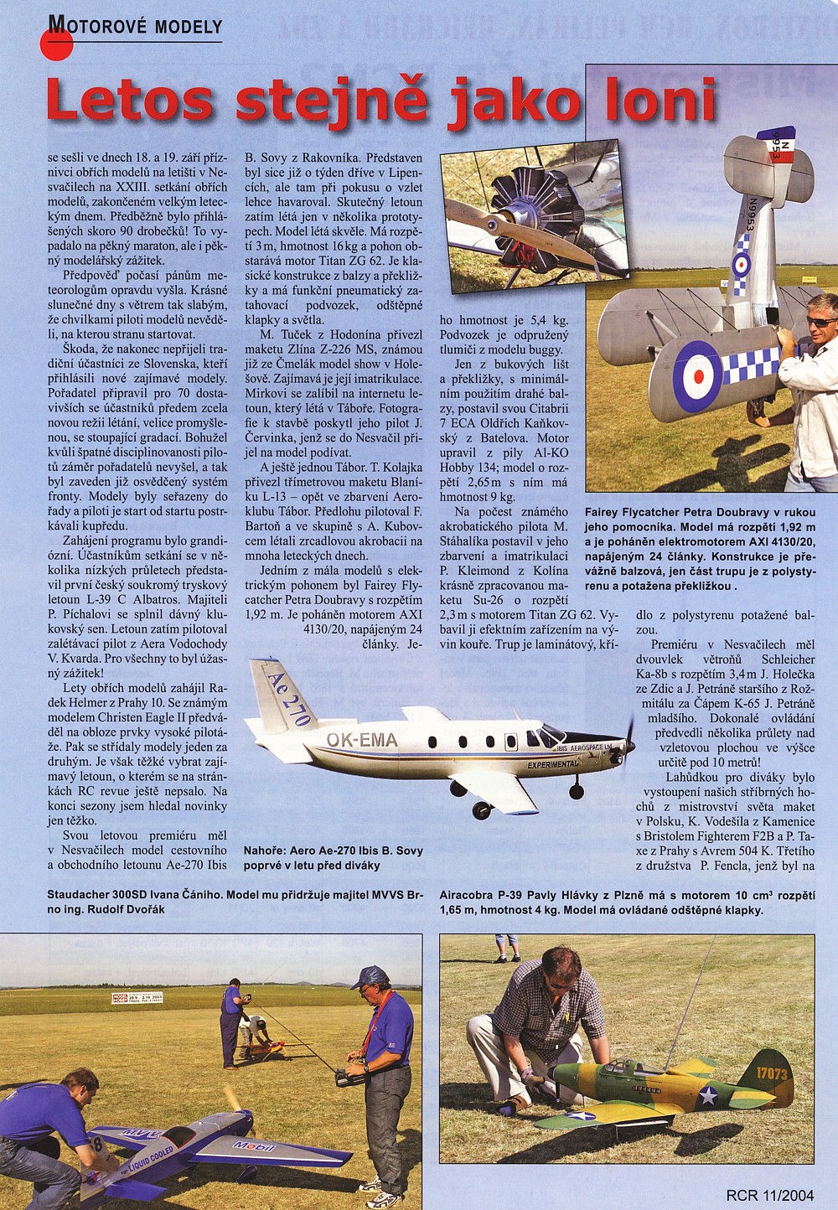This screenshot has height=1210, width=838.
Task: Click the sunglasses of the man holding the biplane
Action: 821,323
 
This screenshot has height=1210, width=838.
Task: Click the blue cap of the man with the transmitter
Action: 371,977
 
